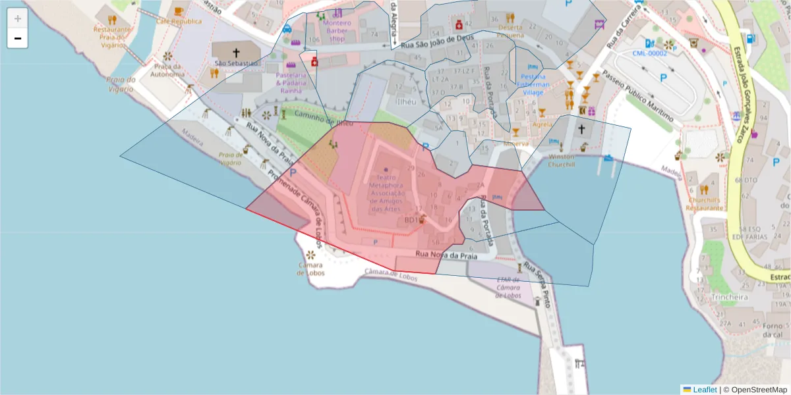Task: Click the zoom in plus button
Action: click(x=18, y=18)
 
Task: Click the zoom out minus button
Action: click(x=18, y=38)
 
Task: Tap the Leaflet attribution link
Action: click(x=705, y=390)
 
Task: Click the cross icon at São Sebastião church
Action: click(x=236, y=52)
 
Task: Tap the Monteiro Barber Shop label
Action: click(x=337, y=30)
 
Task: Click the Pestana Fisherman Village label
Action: click(x=533, y=84)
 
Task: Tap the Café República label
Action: click(x=178, y=21)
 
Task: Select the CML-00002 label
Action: click(x=649, y=53)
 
